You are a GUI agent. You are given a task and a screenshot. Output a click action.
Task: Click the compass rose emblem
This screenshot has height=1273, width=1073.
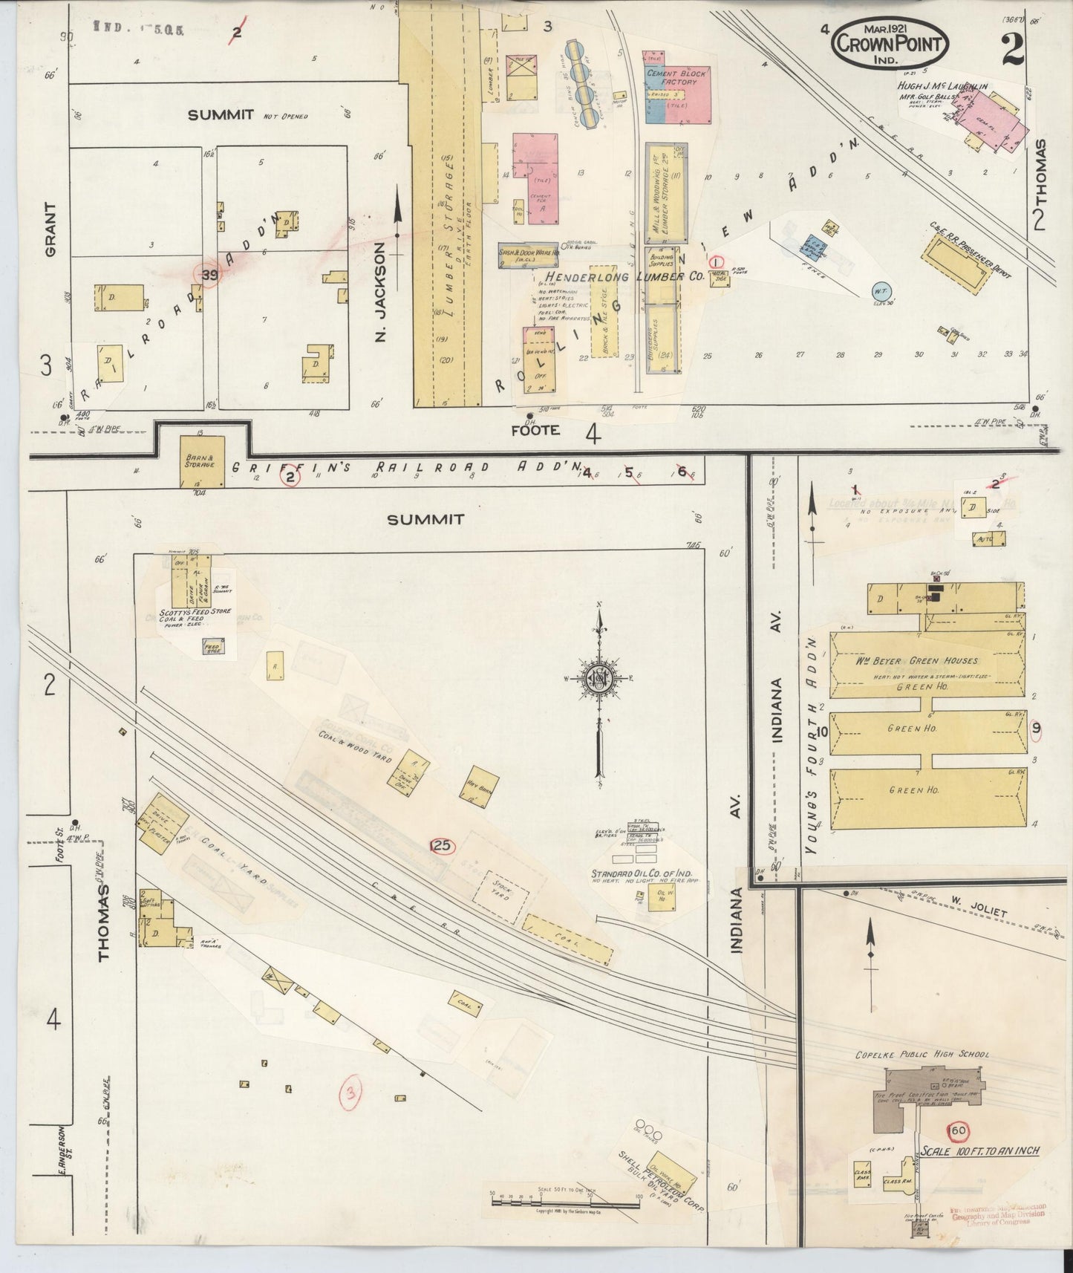[599, 680]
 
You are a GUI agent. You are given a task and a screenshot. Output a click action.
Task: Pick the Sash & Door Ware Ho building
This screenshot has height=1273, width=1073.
[527, 255]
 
